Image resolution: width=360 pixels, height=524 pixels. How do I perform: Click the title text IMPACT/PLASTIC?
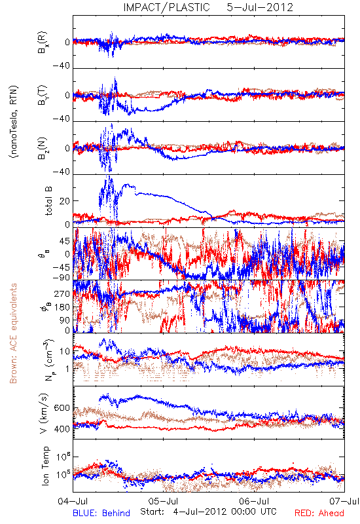[166, 7]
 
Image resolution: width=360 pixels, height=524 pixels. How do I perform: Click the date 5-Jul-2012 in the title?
[260, 7]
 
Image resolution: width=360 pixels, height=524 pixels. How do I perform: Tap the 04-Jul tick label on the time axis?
[73, 501]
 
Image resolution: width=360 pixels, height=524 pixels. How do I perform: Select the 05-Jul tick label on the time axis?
[163, 501]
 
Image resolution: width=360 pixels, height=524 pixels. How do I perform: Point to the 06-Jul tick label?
[254, 501]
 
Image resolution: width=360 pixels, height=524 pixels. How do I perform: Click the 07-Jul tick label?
[344, 501]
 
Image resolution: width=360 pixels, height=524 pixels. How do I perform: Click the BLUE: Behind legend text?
[101, 513]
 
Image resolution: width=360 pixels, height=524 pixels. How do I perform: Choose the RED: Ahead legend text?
[319, 513]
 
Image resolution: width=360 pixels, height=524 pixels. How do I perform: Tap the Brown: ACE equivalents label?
[13, 333]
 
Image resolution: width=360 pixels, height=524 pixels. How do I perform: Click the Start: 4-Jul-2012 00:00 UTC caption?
[208, 512]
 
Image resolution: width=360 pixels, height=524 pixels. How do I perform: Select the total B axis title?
[48, 200]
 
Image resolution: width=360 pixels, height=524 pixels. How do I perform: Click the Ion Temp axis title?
[45, 466]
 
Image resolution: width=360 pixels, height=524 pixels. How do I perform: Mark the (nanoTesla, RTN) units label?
[14, 122]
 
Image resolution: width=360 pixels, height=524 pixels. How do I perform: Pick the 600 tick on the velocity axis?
[62, 408]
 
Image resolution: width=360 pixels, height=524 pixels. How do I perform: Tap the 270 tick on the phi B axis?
[62, 293]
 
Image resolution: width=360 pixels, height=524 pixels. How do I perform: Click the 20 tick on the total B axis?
[65, 201]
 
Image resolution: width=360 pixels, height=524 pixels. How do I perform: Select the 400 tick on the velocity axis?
[62, 429]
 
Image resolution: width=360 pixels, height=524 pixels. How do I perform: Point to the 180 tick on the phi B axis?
[62, 307]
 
